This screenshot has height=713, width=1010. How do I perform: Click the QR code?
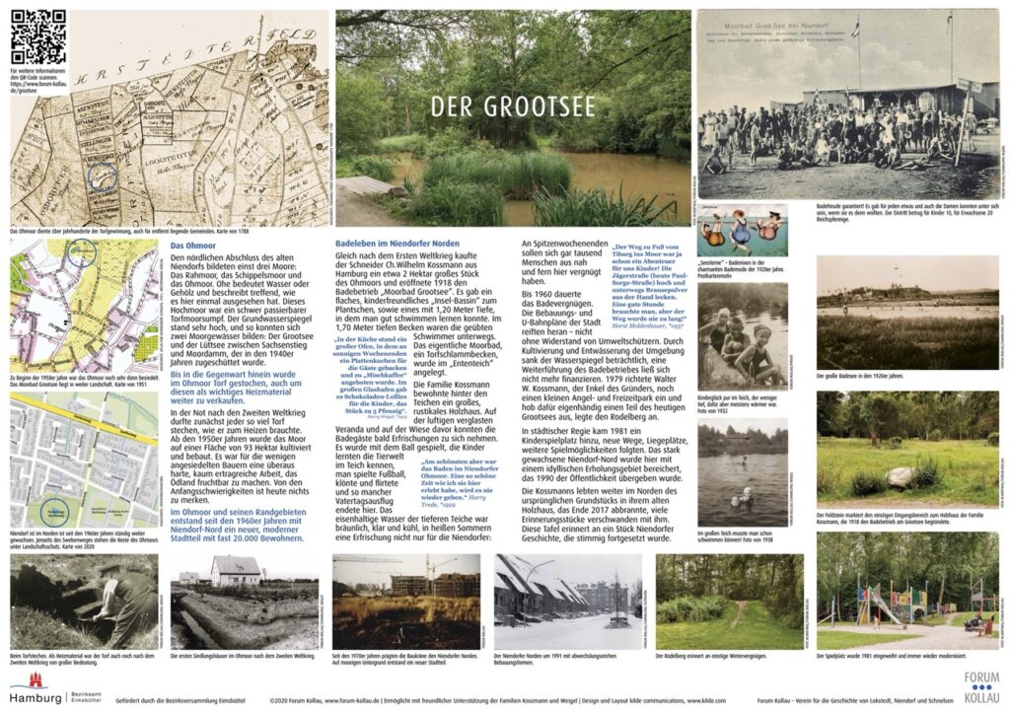38,36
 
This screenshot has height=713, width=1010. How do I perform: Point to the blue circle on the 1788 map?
102,178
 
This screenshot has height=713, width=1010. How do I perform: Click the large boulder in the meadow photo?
899,476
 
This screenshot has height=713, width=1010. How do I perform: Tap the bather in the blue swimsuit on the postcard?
741,233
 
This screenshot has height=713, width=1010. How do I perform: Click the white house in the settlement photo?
235,571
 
